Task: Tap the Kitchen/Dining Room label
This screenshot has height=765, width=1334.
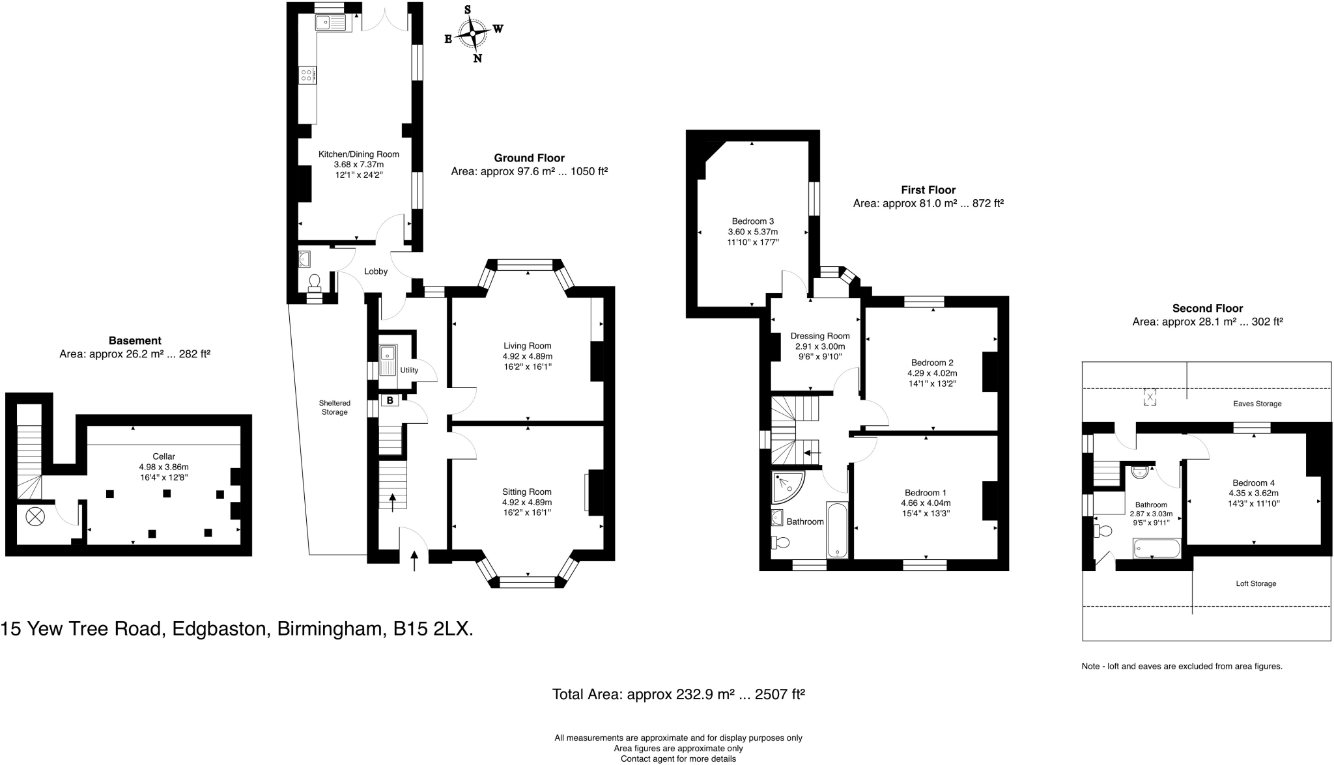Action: pos(358,154)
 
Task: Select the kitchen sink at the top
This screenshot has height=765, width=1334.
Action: pos(332,23)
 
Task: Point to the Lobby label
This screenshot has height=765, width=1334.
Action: pos(376,271)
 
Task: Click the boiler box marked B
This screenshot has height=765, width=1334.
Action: pos(390,400)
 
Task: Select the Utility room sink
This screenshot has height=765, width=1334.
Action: pos(388,361)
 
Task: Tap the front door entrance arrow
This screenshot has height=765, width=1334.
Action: pos(415,561)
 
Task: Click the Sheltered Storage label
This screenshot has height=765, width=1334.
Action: pos(334,408)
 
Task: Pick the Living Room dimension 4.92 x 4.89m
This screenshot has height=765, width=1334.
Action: pos(527,356)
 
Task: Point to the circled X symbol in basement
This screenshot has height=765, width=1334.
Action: pos(34,518)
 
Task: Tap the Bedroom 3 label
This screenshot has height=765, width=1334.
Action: pos(752,221)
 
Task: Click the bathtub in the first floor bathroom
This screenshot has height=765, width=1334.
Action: pos(836,529)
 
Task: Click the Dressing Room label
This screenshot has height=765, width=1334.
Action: pos(819,336)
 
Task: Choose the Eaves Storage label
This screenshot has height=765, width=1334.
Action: pos(1256,404)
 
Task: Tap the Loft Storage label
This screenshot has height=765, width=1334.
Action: pos(1255,583)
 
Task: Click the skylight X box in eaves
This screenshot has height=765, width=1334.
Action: pos(1150,396)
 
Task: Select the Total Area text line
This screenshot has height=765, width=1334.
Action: pos(678,694)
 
